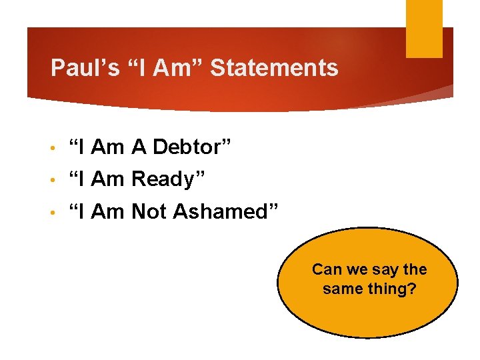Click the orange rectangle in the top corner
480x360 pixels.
click(x=424, y=28)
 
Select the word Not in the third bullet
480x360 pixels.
click(x=150, y=211)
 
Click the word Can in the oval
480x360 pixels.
click(x=326, y=269)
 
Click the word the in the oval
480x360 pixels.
click(x=415, y=269)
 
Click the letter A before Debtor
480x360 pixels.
click(x=139, y=147)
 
